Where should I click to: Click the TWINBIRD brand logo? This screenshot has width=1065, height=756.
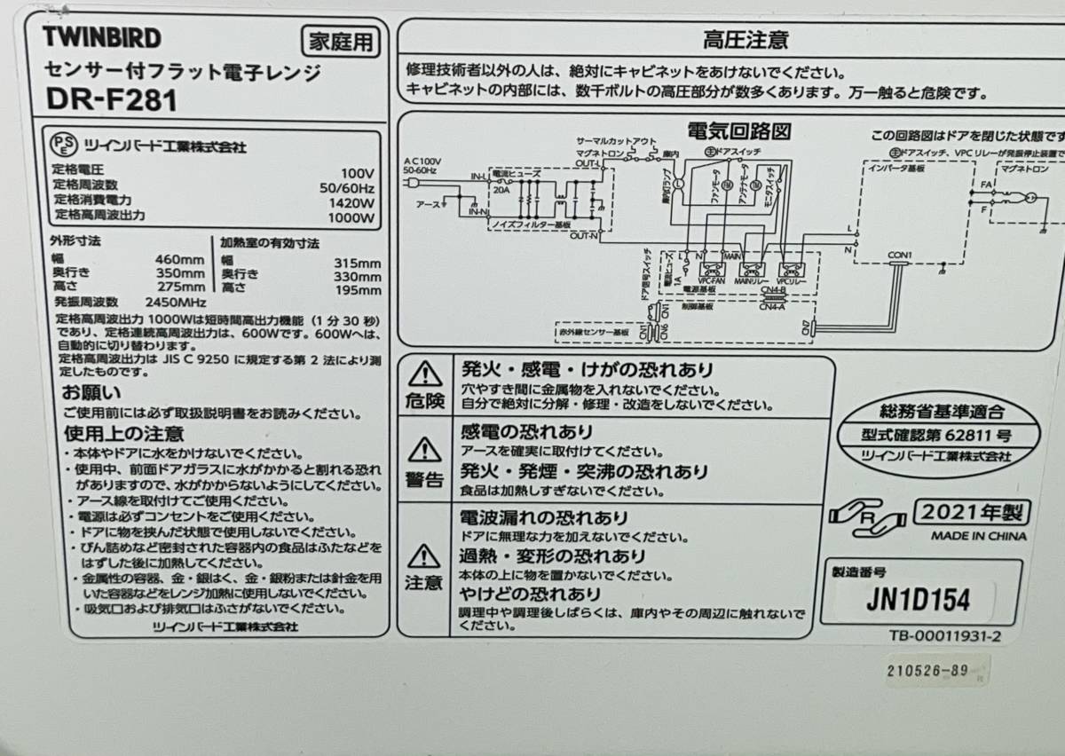(103, 37)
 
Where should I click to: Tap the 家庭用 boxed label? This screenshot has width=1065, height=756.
(340, 41)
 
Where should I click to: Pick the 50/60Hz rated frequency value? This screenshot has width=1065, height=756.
(344, 188)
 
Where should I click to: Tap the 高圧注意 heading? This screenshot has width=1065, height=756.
(732, 40)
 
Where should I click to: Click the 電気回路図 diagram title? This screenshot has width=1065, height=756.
(739, 132)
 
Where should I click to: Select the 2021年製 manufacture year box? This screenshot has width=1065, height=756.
(972, 512)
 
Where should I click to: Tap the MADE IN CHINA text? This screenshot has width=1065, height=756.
(978, 536)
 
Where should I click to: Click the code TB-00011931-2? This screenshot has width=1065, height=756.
(945, 636)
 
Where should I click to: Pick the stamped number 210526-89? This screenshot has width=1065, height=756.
(926, 672)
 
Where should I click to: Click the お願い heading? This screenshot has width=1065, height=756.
(91, 391)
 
